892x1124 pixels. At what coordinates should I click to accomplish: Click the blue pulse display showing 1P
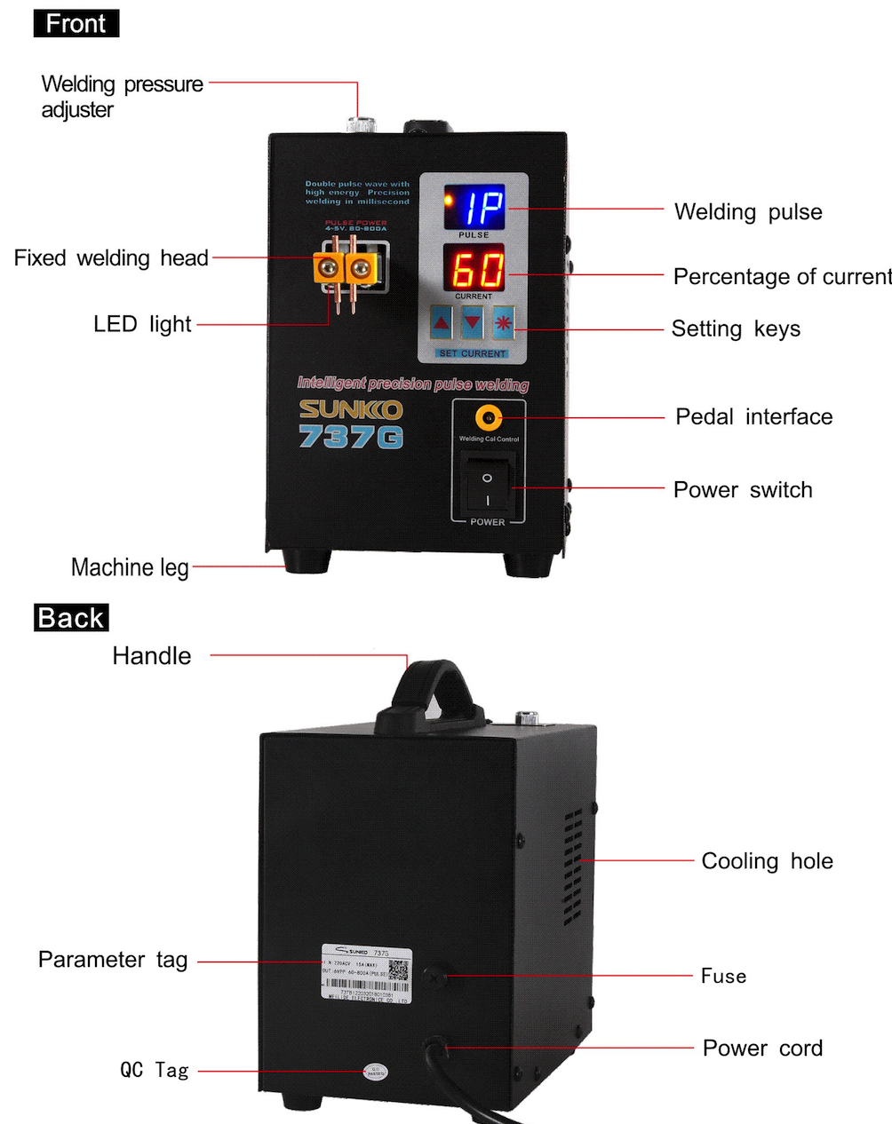coord(474,207)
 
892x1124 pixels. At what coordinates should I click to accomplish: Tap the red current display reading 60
coord(474,268)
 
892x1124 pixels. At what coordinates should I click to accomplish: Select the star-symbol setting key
coord(504,322)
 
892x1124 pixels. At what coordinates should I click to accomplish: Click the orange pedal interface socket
coord(487,417)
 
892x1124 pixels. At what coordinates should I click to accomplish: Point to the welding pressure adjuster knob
coord(360,124)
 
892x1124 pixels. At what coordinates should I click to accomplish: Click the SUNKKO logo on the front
coord(350,409)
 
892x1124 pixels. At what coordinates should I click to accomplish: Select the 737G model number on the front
coord(350,437)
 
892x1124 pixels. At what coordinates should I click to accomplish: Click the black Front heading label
coord(76,24)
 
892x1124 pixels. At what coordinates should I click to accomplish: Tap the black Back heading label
coord(71,618)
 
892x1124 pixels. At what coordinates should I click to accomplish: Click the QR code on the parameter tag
coord(399,970)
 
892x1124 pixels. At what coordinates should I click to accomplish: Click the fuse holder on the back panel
coord(434,976)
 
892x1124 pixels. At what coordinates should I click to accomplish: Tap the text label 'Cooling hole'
coord(767,861)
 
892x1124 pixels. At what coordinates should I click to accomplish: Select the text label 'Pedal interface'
coord(753,417)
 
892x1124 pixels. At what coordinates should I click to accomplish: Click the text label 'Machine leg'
coord(130,567)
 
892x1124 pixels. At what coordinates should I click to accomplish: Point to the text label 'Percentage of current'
coord(782,277)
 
